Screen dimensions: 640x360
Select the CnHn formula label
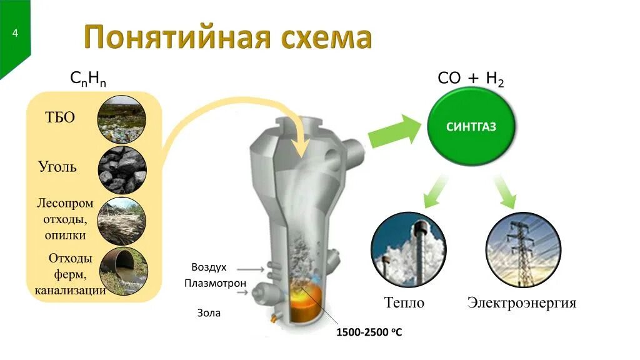(x=87, y=79)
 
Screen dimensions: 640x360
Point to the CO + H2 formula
(x=471, y=79)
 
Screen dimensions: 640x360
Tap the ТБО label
(x=60, y=117)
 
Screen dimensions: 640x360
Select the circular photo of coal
(x=122, y=169)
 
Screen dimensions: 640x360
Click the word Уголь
(x=57, y=167)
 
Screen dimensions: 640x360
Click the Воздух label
(x=209, y=267)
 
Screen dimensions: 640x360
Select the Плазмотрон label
(x=215, y=284)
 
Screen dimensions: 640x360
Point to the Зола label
(x=209, y=312)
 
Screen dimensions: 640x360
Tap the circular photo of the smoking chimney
(x=408, y=249)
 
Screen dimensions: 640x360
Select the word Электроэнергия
(x=522, y=304)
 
